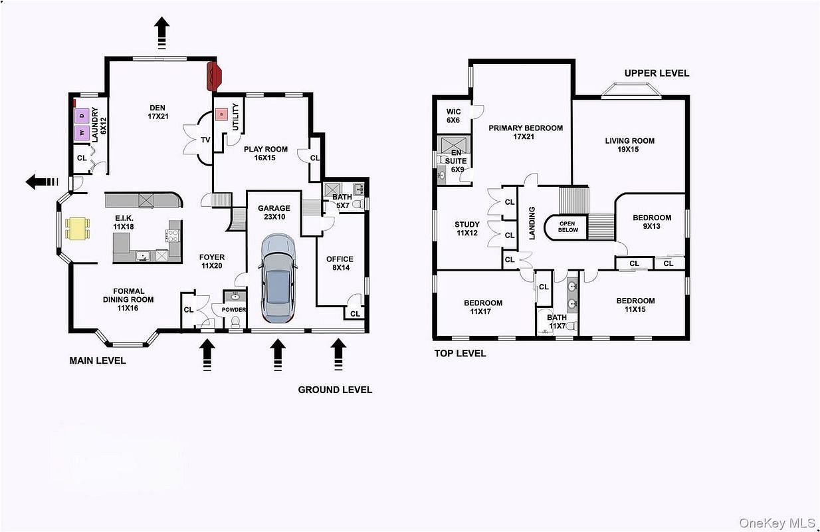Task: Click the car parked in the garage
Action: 278,279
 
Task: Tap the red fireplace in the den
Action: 215,76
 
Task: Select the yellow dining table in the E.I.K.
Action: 77,229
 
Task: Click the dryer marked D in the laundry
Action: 82,116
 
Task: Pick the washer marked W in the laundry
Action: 82,132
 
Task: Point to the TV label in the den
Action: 205,140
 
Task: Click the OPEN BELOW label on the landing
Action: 567,227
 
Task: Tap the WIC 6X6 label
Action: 453,116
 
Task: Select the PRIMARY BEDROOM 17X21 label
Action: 526,132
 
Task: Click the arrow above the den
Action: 161,33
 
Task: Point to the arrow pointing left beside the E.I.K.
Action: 42,182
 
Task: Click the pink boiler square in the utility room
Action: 221,114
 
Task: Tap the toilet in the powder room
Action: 235,323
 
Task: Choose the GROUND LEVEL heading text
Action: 335,390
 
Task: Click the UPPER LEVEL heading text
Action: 657,73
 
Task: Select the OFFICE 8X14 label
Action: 340,263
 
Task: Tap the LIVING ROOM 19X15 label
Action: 629,145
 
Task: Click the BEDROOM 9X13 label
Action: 652,221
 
